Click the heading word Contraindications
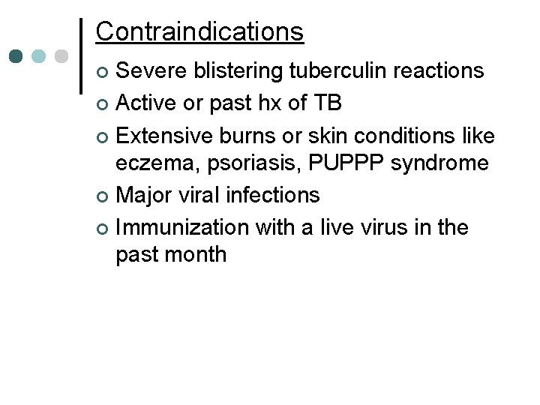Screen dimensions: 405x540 199,31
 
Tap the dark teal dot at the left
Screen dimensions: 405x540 15,55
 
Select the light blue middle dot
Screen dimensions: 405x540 38,55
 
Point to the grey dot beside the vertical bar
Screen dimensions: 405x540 61,55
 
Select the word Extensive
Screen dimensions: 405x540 166,136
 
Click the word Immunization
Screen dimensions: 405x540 184,227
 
